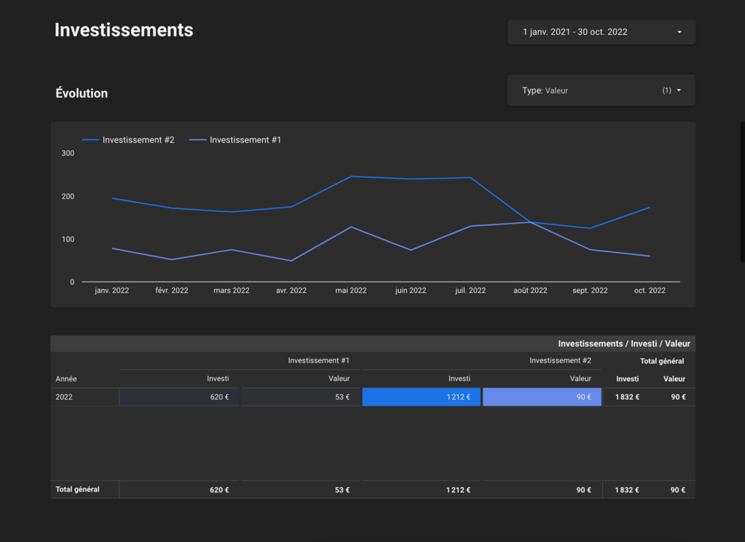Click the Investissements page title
tap(124, 30)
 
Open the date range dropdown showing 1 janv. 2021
tap(601, 32)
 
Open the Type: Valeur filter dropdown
tap(601, 90)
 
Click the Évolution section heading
tap(82, 93)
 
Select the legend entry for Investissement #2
tap(128, 140)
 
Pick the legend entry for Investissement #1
tap(235, 140)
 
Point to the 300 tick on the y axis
tap(68, 153)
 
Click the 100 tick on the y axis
tap(68, 239)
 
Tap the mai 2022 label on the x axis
tap(351, 290)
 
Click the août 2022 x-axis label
tap(530, 290)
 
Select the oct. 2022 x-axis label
tap(649, 290)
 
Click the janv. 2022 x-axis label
tap(112, 290)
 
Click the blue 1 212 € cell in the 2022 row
tap(422, 397)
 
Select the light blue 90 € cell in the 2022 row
tap(542, 397)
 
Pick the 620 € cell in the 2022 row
tap(179, 397)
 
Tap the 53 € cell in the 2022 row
tap(300, 397)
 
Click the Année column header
tap(66, 379)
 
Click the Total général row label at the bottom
tap(77, 489)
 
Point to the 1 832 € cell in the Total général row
tap(627, 490)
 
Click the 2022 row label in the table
tap(64, 397)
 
